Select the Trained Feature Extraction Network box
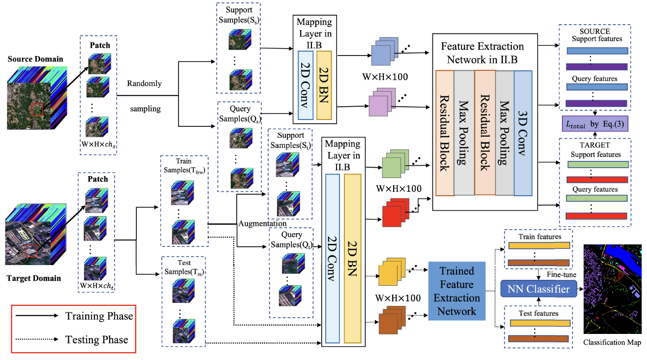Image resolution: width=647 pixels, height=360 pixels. pyautogui.click(x=457, y=291)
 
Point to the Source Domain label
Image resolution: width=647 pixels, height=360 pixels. pyautogui.click(x=35, y=60)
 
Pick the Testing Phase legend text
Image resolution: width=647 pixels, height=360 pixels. pyautogui.click(x=96, y=339)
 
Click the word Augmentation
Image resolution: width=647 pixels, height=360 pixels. pyautogui.click(x=262, y=223)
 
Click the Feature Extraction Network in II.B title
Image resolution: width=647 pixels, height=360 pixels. pyautogui.click(x=482, y=54)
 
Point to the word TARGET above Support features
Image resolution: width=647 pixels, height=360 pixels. pyautogui.click(x=595, y=146)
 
